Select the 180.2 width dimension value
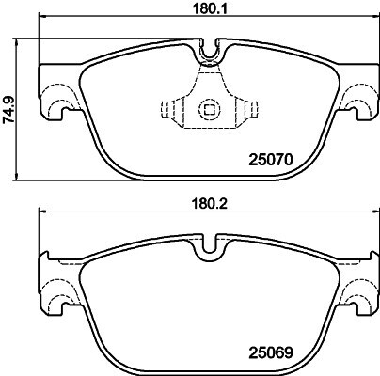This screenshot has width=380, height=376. (210, 204)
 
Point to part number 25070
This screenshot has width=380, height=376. (271, 160)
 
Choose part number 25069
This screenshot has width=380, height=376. (271, 352)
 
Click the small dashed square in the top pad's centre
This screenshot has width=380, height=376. (209, 110)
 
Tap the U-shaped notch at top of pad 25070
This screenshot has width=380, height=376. (209, 50)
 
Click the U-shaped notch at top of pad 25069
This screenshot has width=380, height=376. (209, 245)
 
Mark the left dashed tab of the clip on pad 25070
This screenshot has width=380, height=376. (167, 109)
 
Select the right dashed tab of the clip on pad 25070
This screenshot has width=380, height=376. (250, 109)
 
